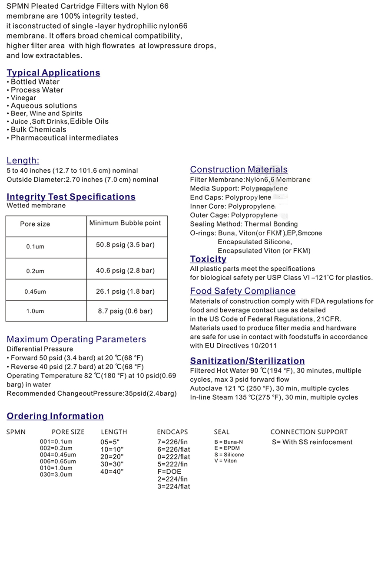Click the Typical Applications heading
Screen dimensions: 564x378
pos(53,73)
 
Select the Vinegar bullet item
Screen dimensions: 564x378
pos(23,98)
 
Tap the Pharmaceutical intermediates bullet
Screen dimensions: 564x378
pos(64,138)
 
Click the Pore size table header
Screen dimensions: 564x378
pos(35,224)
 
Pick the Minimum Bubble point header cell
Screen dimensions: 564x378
pos(125,223)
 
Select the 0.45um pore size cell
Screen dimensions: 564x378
pos(35,292)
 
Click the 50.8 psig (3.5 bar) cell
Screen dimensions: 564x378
pos(125,245)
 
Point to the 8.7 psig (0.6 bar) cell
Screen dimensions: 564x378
pos(125,311)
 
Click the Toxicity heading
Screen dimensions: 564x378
pos(208,259)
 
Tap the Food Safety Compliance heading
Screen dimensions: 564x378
pos(242,291)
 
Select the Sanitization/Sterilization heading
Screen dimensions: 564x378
pos(247,361)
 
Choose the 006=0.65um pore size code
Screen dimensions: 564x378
pos(58,462)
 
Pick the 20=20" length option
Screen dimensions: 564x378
pos(112,457)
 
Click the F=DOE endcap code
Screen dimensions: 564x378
pos(169,472)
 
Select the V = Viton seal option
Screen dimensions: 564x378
pos(225,461)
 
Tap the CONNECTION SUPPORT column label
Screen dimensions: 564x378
pos(309,432)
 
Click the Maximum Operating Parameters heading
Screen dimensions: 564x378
pos(76,339)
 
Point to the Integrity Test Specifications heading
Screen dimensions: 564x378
pos(71,197)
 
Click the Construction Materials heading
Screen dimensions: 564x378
pos(239,170)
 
